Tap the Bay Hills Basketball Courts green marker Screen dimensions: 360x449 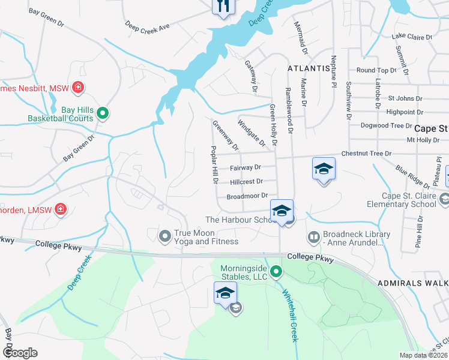[103, 112]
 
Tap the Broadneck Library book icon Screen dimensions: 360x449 [313, 238]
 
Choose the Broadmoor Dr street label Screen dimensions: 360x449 [247, 196]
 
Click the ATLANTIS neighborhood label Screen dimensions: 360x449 [309, 68]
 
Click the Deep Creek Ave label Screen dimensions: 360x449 [148, 26]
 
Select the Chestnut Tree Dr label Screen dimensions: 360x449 [366, 154]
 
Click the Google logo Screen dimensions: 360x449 [20, 353]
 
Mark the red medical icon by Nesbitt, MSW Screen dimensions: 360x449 [77, 88]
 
